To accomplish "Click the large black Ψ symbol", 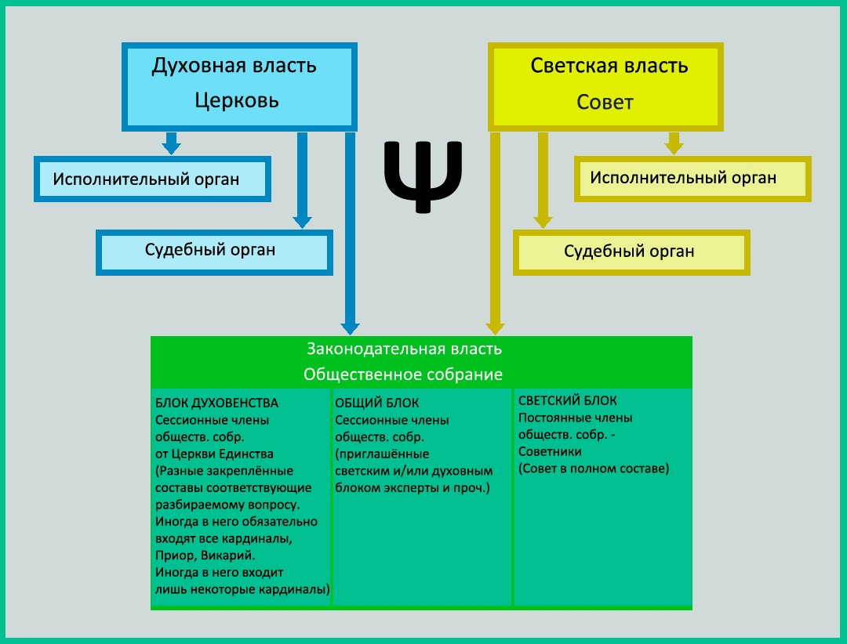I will (x=423, y=176).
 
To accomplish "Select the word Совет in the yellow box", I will (x=605, y=103).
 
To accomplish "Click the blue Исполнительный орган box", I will (x=152, y=179).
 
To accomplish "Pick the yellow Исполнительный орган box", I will (x=692, y=178).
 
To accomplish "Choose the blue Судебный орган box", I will (x=214, y=251).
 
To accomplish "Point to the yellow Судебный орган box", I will (x=631, y=251).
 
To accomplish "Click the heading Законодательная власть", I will (x=404, y=349).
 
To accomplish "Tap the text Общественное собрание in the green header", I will (x=403, y=374).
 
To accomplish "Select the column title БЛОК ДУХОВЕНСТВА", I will (x=217, y=403).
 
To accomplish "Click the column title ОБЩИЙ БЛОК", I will (x=377, y=403).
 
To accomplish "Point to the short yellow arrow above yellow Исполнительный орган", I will (x=673, y=143).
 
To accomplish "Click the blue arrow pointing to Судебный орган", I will (x=302, y=180).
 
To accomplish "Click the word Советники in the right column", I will (x=550, y=452).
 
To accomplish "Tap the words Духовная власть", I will (x=234, y=66).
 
